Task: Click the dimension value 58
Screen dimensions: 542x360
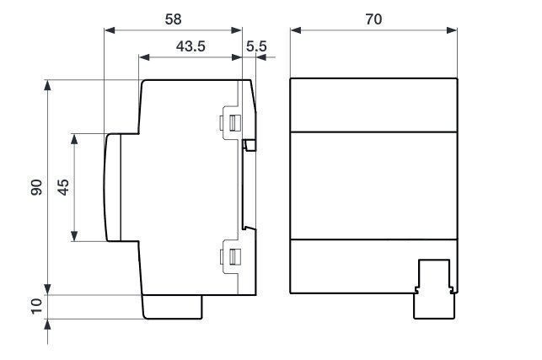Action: tap(173, 19)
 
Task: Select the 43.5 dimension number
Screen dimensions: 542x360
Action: tap(191, 46)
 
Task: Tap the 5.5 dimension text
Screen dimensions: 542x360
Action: tap(256, 46)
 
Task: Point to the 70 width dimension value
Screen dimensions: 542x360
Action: tap(373, 19)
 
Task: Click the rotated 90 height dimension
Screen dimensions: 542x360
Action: tap(36, 187)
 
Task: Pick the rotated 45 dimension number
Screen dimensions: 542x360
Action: tap(63, 187)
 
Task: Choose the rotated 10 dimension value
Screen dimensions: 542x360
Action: tap(36, 306)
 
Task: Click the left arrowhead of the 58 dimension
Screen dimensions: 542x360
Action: tap(110, 30)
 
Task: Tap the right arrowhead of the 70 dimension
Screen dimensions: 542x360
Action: tap(452, 30)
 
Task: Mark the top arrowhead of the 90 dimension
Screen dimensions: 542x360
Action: tap(48, 85)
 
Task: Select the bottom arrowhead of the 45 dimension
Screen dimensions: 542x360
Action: tap(74, 236)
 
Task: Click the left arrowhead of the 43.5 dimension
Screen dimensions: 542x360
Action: tap(144, 57)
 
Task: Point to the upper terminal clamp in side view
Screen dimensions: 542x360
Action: tap(230, 123)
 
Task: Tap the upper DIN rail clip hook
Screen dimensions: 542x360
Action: tap(250, 145)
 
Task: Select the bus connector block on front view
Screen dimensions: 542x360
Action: tap(434, 289)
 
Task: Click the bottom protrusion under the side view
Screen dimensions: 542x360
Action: tap(173, 307)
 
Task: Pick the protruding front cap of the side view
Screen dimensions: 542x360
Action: tap(113, 187)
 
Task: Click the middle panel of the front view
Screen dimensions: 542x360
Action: tap(374, 185)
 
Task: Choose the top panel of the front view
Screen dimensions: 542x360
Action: tap(374, 105)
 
